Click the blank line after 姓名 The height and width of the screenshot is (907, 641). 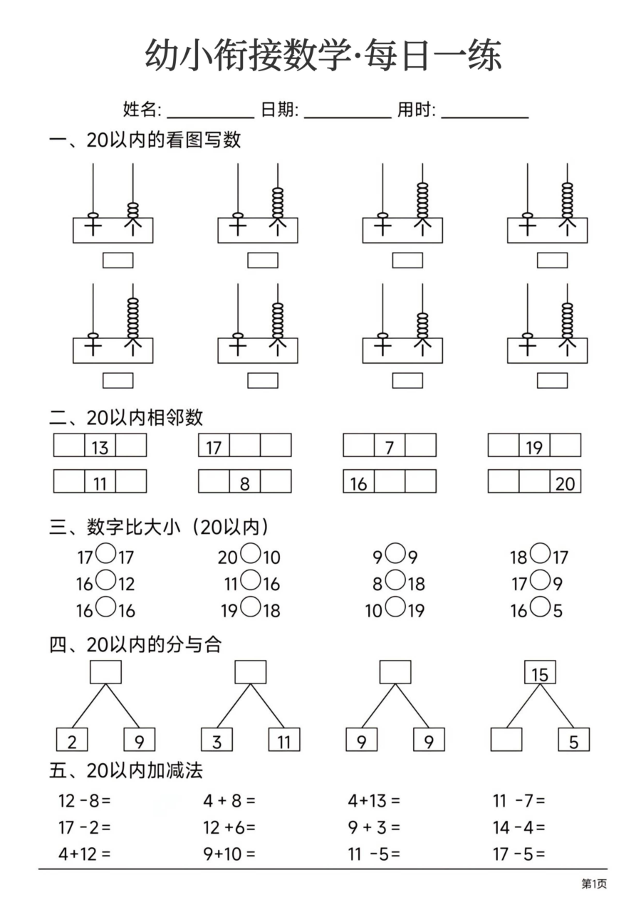pyautogui.click(x=210, y=114)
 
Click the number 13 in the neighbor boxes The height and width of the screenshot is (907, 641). pyautogui.click(x=100, y=446)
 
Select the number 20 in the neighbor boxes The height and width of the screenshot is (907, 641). pyautogui.click(x=565, y=483)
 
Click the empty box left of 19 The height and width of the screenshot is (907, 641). pyautogui.click(x=504, y=446)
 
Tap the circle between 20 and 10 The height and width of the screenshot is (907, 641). pyautogui.click(x=250, y=553)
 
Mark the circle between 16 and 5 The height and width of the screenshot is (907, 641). pyautogui.click(x=541, y=607)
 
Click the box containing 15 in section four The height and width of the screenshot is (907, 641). pyautogui.click(x=540, y=673)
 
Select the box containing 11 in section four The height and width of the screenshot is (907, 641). pyautogui.click(x=284, y=740)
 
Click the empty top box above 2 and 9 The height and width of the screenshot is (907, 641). pyautogui.click(x=105, y=672)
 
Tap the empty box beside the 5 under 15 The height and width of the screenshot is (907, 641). pyautogui.click(x=506, y=740)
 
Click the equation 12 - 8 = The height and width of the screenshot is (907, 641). pyautogui.click(x=85, y=800)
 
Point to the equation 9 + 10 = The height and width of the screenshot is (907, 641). pyautogui.click(x=229, y=853)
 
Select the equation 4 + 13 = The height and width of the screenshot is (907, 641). pyautogui.click(x=374, y=800)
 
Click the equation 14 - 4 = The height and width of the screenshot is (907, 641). pyautogui.click(x=518, y=827)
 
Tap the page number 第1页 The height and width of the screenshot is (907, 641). pyautogui.click(x=594, y=884)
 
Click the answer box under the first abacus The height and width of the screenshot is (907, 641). pyautogui.click(x=118, y=261)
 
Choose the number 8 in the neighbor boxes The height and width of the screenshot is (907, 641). pyautogui.click(x=245, y=483)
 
